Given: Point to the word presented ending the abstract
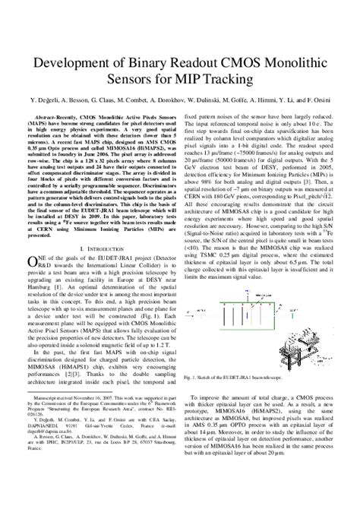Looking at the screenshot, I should [x=42, y=236].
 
